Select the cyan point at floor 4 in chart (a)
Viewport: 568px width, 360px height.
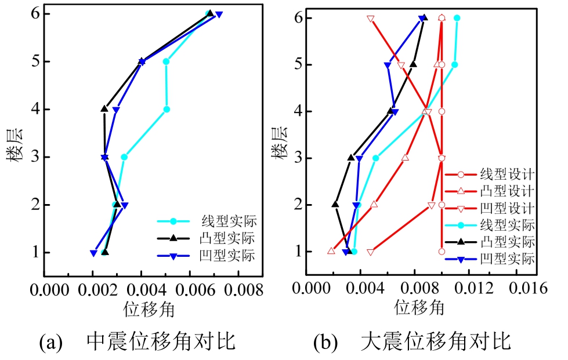[167, 109]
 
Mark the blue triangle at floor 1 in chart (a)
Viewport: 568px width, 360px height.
[93, 253]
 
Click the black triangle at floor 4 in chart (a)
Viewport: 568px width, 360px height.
[104, 108]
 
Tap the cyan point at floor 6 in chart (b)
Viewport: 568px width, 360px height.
[457, 18]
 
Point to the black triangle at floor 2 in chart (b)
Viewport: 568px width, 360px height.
[335, 204]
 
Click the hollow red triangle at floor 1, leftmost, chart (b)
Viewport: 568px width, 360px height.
[331, 251]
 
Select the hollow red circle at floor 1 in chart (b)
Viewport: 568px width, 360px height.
[442, 252]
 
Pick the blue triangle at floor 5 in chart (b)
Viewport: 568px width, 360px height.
[387, 65]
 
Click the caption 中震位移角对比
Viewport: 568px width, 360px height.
[161, 341]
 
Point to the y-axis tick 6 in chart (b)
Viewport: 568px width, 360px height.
[298, 18]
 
